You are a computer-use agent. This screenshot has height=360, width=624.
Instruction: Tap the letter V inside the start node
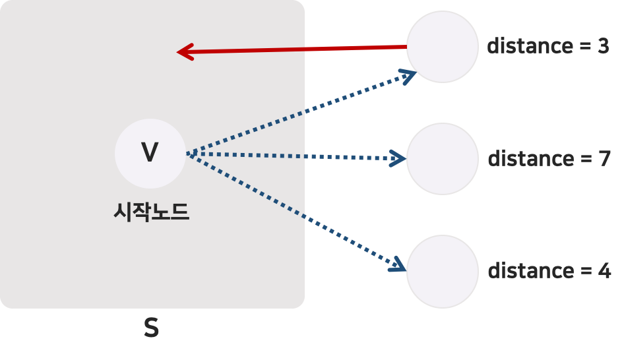pos(150,153)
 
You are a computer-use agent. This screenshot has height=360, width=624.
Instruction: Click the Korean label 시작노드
pos(152,212)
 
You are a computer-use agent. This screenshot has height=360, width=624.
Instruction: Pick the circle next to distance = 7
pos(442,158)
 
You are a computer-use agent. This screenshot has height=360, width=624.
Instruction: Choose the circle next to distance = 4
pos(442,271)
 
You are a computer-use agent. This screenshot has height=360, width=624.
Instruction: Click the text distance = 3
pos(547,46)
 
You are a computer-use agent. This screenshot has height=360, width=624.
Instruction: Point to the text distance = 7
pos(549,159)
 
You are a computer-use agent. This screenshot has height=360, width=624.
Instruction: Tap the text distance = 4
pos(549,271)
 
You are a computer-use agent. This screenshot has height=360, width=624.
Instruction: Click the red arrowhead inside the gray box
pos(185,51)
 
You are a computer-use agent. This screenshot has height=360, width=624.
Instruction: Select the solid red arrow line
pos(297,49)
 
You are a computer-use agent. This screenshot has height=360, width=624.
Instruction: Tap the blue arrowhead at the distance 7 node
pos(398,158)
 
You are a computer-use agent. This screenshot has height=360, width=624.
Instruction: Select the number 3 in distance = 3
pos(602,46)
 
